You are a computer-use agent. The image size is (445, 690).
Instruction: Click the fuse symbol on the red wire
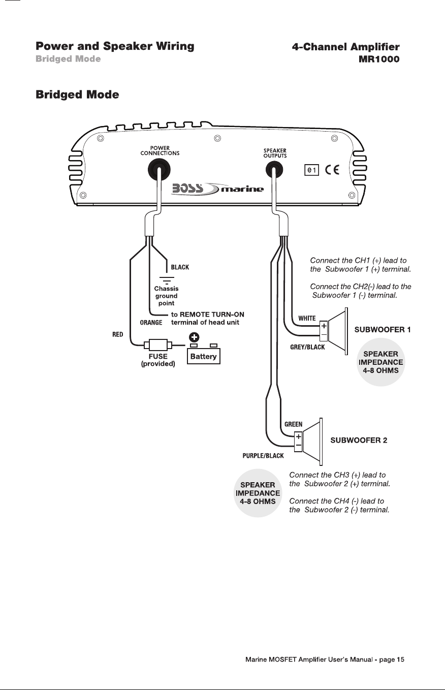pos(158,344)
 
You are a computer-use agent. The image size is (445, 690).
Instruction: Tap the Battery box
pos(204,356)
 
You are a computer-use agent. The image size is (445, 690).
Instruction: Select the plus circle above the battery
pos(194,337)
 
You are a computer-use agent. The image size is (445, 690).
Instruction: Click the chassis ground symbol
pos(167,279)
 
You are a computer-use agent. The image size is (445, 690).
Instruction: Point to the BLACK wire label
pos(180,267)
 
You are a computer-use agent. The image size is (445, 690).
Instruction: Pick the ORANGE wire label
pos(151,323)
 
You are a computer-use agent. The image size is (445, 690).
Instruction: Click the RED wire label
pos(118,334)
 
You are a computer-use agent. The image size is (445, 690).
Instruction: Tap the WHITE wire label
pos(307,318)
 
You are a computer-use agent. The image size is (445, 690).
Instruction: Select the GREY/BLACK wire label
pos(307,347)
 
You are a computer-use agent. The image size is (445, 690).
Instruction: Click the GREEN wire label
pos(294,424)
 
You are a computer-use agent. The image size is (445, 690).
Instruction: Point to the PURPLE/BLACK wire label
pos(263,456)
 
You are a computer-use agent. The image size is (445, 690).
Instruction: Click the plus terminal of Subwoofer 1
pos(324,326)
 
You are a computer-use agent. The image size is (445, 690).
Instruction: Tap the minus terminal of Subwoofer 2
pos(298,446)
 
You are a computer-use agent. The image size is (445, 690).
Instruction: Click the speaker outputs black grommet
pos(274,170)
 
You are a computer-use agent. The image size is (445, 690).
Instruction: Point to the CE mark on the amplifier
pos(332,170)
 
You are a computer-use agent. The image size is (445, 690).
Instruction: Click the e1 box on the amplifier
pos(312,170)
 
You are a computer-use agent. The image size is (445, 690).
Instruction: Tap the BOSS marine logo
pos(217,189)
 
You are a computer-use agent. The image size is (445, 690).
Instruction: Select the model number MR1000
pos(379,59)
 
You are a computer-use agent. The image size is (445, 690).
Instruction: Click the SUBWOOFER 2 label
pos(359,440)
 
